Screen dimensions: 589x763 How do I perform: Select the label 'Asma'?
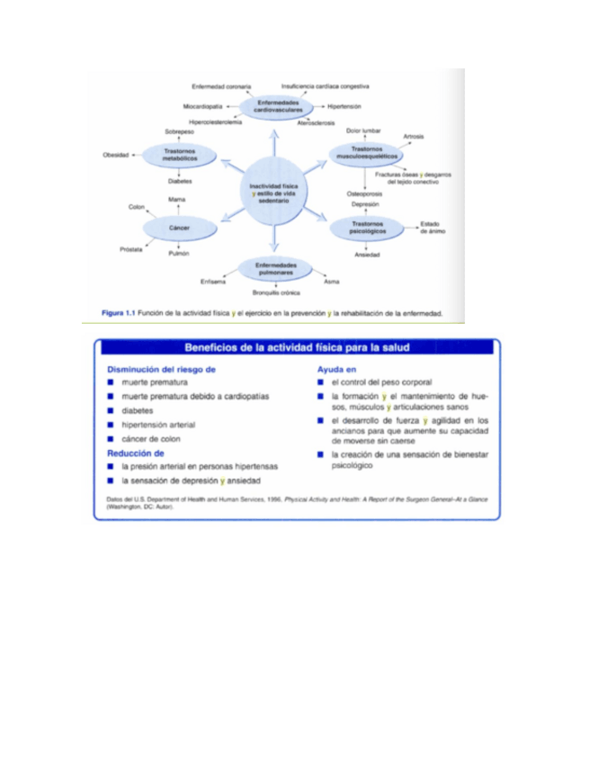pyautogui.click(x=331, y=282)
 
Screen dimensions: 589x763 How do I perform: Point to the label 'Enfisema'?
pyautogui.click(x=212, y=282)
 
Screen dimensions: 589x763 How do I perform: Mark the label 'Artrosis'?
pyautogui.click(x=414, y=137)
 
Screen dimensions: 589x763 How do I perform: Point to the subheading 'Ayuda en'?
pyautogui.click(x=337, y=369)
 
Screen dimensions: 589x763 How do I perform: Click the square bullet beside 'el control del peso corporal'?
pyautogui.click(x=321, y=382)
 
